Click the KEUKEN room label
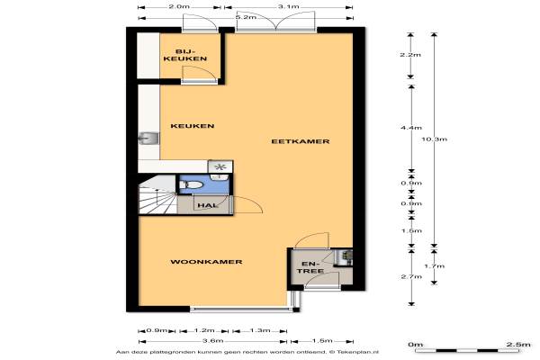point(193,126)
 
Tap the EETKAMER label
point(301,141)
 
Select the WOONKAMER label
point(206,262)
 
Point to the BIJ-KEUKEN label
point(185,55)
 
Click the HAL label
point(208,206)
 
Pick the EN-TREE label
point(310,267)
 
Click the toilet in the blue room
point(192,184)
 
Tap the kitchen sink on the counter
point(148,139)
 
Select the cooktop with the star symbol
point(220,167)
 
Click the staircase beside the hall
point(157,195)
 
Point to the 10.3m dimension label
point(435,139)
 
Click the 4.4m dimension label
point(411,128)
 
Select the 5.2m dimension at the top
point(246,17)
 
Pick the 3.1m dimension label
point(289,6)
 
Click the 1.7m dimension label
point(435,266)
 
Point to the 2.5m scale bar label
point(518,345)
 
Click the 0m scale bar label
point(415,345)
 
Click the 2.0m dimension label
point(179,6)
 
